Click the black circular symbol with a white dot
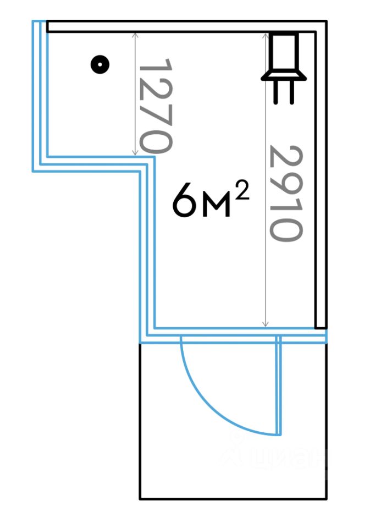(100, 65)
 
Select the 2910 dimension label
(286, 193)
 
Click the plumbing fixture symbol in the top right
(284, 63)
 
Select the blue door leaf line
(279, 385)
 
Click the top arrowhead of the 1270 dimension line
(135, 34)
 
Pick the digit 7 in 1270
(156, 117)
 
